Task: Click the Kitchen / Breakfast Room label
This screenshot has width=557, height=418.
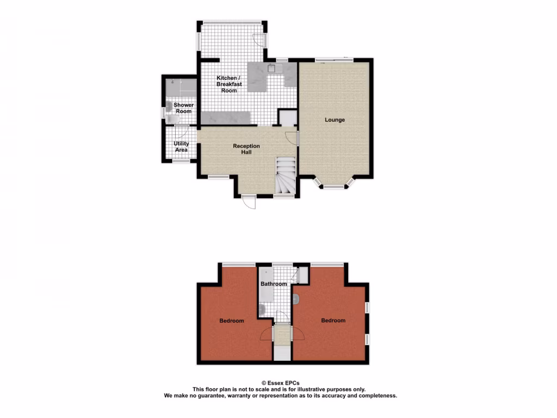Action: pyautogui.click(x=229, y=84)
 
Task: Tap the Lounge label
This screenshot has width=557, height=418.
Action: pyautogui.click(x=335, y=120)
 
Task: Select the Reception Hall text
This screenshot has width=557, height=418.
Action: pyautogui.click(x=246, y=149)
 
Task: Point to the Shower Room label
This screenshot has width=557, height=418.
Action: pyautogui.click(x=183, y=108)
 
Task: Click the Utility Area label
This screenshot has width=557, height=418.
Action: pyautogui.click(x=181, y=146)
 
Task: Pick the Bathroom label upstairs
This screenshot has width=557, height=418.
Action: pyautogui.click(x=274, y=284)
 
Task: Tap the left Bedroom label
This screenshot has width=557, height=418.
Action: pyautogui.click(x=232, y=321)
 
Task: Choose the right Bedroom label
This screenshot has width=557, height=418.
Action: pyautogui.click(x=333, y=321)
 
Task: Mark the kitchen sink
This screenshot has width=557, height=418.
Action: pyautogui.click(x=271, y=69)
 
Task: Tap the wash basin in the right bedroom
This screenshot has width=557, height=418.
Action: pyautogui.click(x=296, y=298)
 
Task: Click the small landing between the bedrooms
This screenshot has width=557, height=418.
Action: pyautogui.click(x=282, y=334)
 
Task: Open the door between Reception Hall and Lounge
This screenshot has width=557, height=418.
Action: pyautogui.click(x=296, y=138)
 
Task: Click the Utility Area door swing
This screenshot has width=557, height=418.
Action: pyautogui.click(x=182, y=131)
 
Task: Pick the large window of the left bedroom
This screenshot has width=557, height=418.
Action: pyautogui.click(x=238, y=265)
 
